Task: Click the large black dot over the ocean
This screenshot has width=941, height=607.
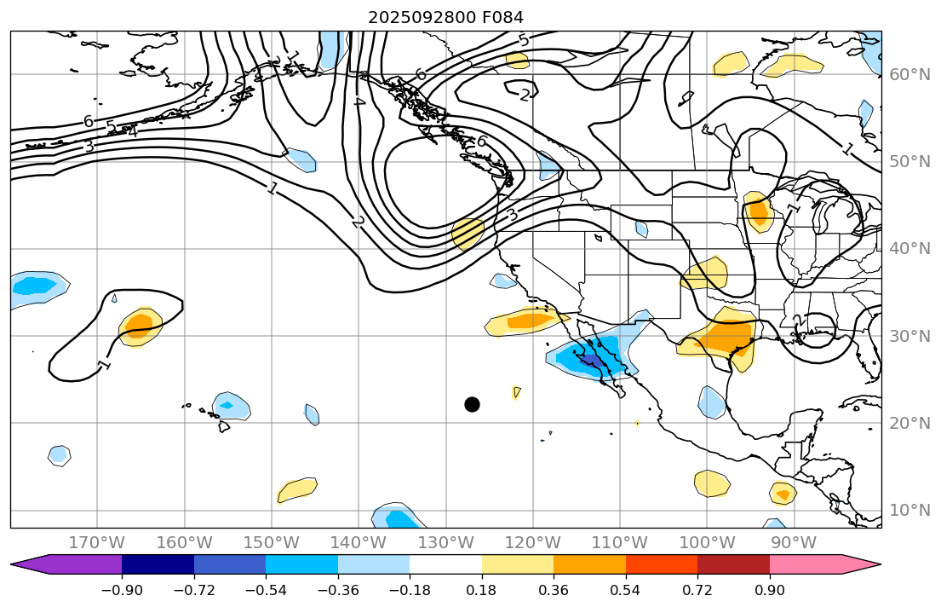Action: coord(472,404)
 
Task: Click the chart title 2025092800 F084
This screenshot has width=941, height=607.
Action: coord(445,17)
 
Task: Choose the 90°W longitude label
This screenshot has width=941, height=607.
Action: coord(793,542)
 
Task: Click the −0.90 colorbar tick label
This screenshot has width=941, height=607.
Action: coord(122,590)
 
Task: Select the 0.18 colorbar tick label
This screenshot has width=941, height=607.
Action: coord(482,590)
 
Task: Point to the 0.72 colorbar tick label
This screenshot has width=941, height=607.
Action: coord(697,590)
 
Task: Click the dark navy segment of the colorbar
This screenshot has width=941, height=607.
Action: coord(158,564)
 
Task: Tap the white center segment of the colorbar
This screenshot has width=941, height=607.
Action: coord(445,564)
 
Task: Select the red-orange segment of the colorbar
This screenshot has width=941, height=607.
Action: coord(662,564)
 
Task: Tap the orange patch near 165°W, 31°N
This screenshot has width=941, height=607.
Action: coord(139,323)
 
